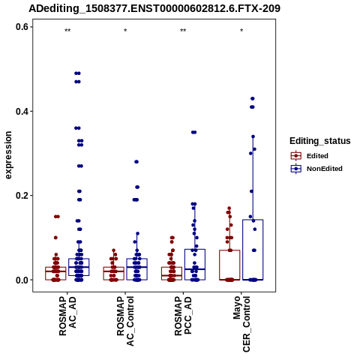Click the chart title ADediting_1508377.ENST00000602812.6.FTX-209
(154, 8)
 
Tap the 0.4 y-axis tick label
(22, 111)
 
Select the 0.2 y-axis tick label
(22, 196)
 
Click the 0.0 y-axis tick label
(22, 280)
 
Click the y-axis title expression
(8, 155)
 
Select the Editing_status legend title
(320, 141)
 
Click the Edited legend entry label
(317, 156)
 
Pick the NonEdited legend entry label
(325, 169)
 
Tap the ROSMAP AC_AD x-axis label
(67, 316)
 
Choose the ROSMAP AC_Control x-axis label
(125, 321)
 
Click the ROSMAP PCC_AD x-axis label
(183, 316)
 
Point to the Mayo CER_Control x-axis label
(241, 324)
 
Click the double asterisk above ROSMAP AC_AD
(67, 31)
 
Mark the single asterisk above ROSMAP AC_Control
(125, 31)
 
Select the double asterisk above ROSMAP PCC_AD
(183, 31)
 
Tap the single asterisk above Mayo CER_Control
(241, 31)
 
